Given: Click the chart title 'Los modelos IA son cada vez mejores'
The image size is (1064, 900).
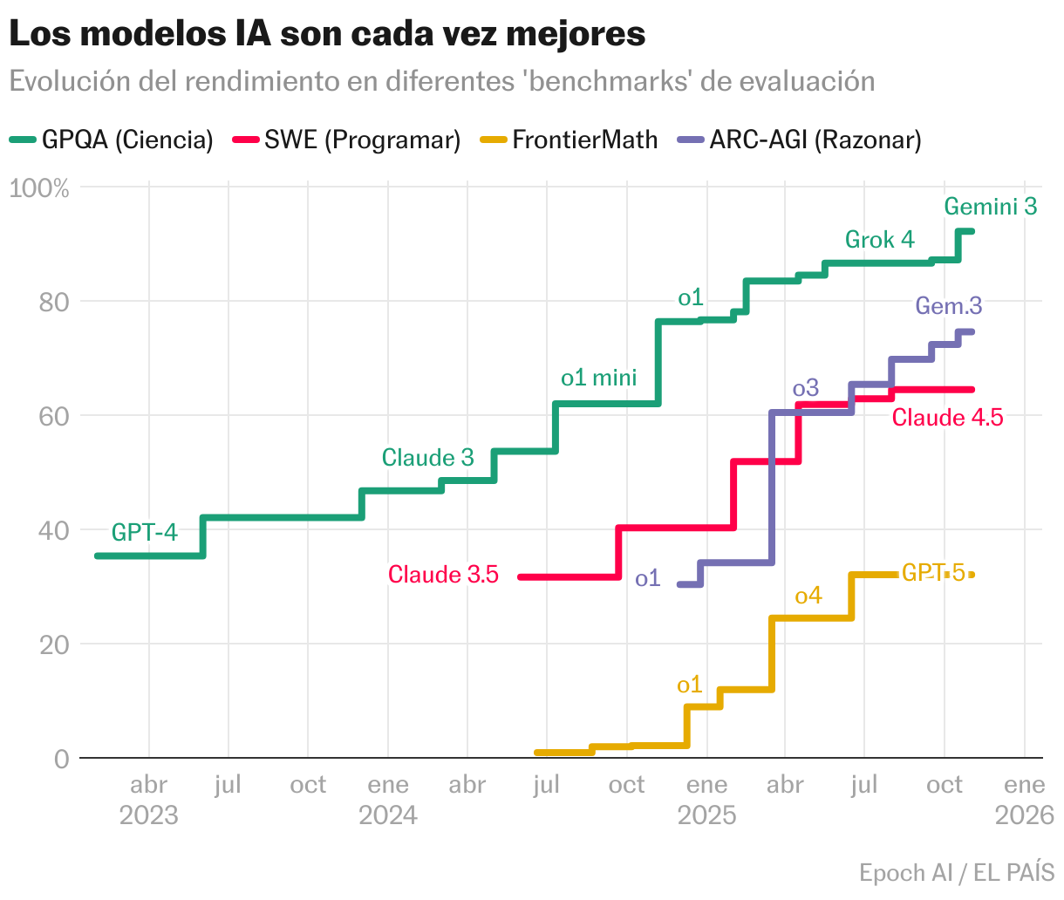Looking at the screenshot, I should click(327, 34).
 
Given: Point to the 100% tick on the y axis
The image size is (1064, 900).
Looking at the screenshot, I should click(39, 187).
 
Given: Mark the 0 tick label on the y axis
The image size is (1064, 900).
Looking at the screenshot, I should click(60, 759).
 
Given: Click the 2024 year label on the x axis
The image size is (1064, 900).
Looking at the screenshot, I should click(388, 815).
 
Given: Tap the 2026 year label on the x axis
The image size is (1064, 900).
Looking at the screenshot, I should click(1025, 815).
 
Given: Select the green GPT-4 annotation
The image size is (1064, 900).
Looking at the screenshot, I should click(145, 532).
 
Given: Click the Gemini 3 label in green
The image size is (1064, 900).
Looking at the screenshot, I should click(991, 207).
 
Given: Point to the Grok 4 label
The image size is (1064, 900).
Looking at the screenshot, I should click(880, 240).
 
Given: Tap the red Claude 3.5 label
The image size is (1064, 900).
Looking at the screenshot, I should click(443, 575).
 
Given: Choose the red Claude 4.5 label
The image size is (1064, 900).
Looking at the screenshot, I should click(947, 418).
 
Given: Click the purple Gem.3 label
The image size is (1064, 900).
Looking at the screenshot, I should click(949, 306).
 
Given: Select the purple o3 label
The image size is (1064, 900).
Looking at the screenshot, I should click(806, 388).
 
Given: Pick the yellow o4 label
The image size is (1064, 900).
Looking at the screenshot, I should click(808, 596).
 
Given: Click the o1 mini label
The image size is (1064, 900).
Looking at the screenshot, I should click(599, 378).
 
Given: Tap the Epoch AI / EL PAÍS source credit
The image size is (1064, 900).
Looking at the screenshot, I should click(957, 872).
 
